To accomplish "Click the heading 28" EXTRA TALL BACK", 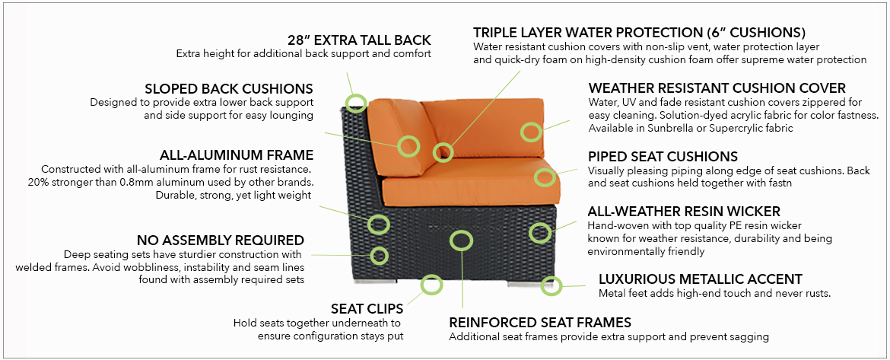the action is click(x=359, y=40).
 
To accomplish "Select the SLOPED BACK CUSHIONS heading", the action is click(x=229, y=89).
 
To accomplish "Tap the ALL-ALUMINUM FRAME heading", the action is click(x=236, y=155).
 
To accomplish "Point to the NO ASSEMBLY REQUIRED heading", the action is click(x=221, y=241).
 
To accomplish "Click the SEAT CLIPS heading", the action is click(x=367, y=309).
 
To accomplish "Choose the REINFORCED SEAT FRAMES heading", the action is click(x=540, y=323).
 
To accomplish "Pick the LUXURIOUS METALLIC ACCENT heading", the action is click(x=701, y=279).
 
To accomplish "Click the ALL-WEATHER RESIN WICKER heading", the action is click(x=684, y=212).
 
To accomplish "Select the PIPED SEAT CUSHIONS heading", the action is click(x=663, y=157).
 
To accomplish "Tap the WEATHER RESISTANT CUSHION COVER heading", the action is click(x=717, y=88).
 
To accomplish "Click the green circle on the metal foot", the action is click(x=551, y=285).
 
